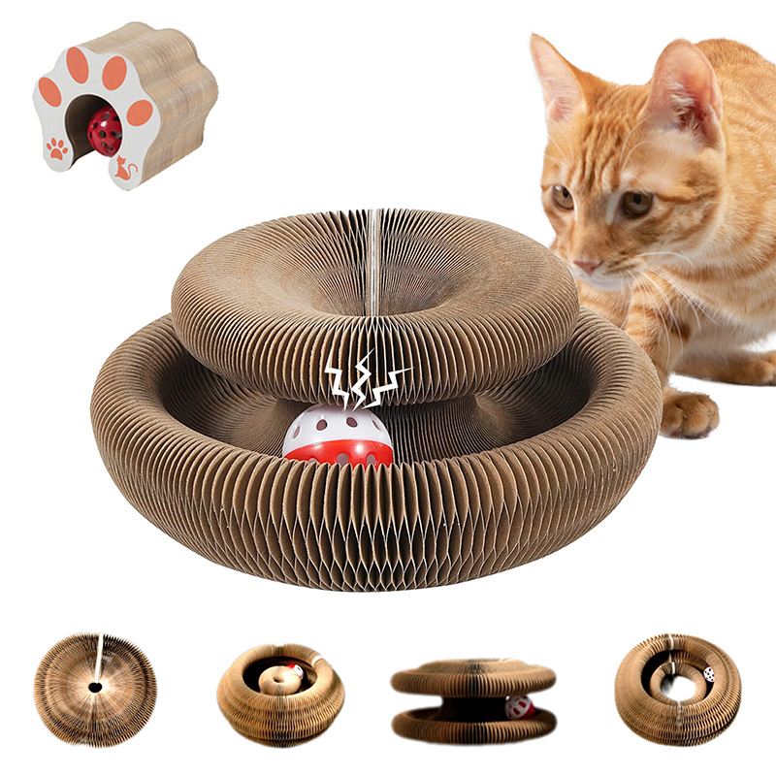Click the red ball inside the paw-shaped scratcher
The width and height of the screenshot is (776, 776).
click(x=104, y=131)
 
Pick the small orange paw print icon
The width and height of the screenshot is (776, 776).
click(x=57, y=148)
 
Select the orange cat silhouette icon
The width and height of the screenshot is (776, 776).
click(x=124, y=170)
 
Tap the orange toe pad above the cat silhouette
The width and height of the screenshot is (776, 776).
click(x=140, y=113)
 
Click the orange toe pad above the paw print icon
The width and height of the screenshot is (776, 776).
click(x=49, y=93)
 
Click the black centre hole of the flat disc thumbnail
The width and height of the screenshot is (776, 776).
click(x=95, y=687)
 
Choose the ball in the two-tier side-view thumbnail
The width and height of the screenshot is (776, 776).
click(x=519, y=706)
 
